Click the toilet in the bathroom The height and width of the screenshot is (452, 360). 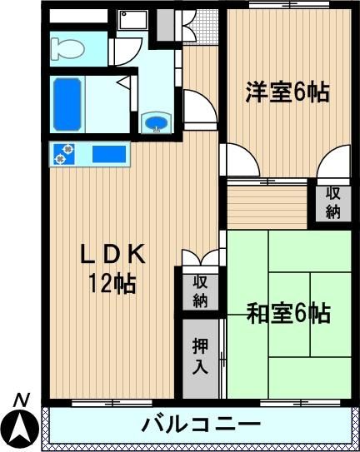tap(67, 49)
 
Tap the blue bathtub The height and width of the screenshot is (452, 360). tap(67, 104)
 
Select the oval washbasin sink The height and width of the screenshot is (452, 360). tap(157, 123)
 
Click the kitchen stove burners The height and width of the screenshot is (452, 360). tap(64, 154)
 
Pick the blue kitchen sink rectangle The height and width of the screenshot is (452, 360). tap(109, 154)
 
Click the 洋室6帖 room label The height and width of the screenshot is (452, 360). tap(287, 92)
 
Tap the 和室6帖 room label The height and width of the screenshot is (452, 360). tap(288, 313)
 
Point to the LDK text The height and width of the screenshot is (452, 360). tap(112, 254)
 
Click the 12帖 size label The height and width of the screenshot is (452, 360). tap(112, 283)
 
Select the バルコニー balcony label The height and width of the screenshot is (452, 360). tap(201, 425)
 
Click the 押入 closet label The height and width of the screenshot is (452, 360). tap(200, 356)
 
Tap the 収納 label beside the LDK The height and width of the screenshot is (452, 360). tap(200, 291)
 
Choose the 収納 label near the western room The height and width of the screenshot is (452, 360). tap(332, 203)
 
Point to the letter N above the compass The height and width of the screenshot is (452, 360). tap(22, 400)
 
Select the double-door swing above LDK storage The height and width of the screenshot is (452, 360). tap(200, 257)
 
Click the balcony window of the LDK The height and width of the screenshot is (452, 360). tap(112, 403)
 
